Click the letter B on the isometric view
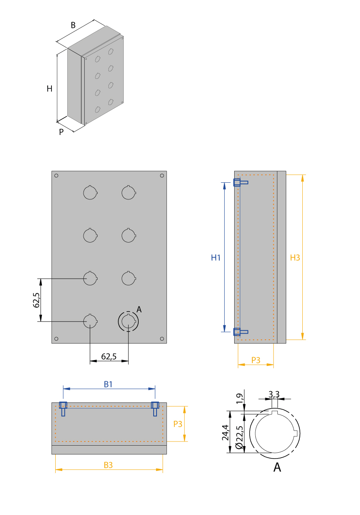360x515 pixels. pyautogui.click(x=73, y=25)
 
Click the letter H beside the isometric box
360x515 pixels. pyautogui.click(x=49, y=89)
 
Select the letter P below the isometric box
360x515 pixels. pyautogui.click(x=61, y=132)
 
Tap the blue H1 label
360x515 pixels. pyautogui.click(x=216, y=257)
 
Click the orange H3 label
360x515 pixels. pyautogui.click(x=295, y=257)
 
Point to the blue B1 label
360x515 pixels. pyautogui.click(x=108, y=385)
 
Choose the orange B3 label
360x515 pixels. pyautogui.click(x=108, y=465)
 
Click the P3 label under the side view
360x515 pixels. pyautogui.click(x=256, y=360)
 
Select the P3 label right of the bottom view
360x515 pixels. pyautogui.click(x=178, y=424)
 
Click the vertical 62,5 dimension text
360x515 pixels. pyautogui.click(x=36, y=300)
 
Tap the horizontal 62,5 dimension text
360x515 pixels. pyautogui.click(x=109, y=356)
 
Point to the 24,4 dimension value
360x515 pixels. pyautogui.click(x=225, y=433)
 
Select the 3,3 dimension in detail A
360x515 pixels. pyautogui.click(x=274, y=393)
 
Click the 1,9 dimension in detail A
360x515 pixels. pyautogui.click(x=239, y=399)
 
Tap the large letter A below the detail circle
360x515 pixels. pyautogui.click(x=277, y=467)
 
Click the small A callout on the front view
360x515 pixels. pyautogui.click(x=139, y=309)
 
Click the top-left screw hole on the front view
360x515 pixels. pyautogui.click(x=56, y=176)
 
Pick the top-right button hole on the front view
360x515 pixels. pyautogui.click(x=128, y=192)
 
